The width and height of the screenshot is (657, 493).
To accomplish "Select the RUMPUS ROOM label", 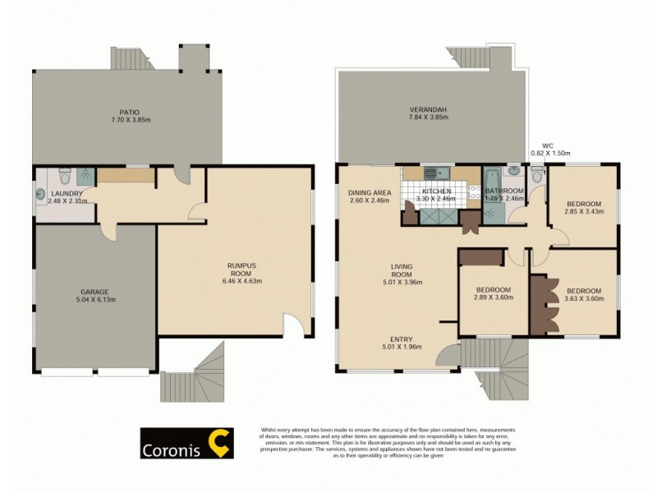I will coord(241,270).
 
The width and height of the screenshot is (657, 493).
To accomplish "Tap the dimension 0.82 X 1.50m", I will coord(550,154).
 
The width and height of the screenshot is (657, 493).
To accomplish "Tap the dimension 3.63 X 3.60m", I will coord(584,299).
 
